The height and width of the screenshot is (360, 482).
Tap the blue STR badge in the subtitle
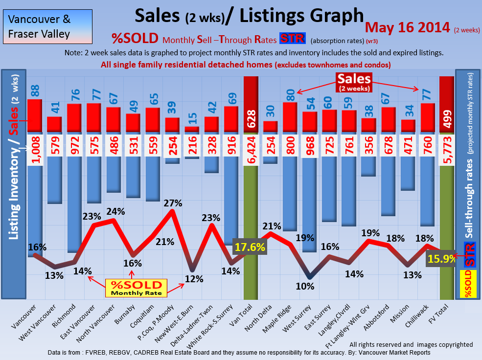(x=292, y=39)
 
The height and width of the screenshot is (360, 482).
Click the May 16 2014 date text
(x=407, y=27)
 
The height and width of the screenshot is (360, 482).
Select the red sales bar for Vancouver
(x=35, y=115)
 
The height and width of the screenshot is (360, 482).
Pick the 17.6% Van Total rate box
(x=250, y=247)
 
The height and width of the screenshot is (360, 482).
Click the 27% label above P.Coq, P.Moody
(x=173, y=202)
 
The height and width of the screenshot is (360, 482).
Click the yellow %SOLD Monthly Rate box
(x=137, y=288)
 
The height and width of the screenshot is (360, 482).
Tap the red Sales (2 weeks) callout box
(x=353, y=81)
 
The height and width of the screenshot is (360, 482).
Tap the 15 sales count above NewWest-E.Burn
(x=192, y=118)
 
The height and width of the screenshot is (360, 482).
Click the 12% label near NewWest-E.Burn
(x=194, y=279)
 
